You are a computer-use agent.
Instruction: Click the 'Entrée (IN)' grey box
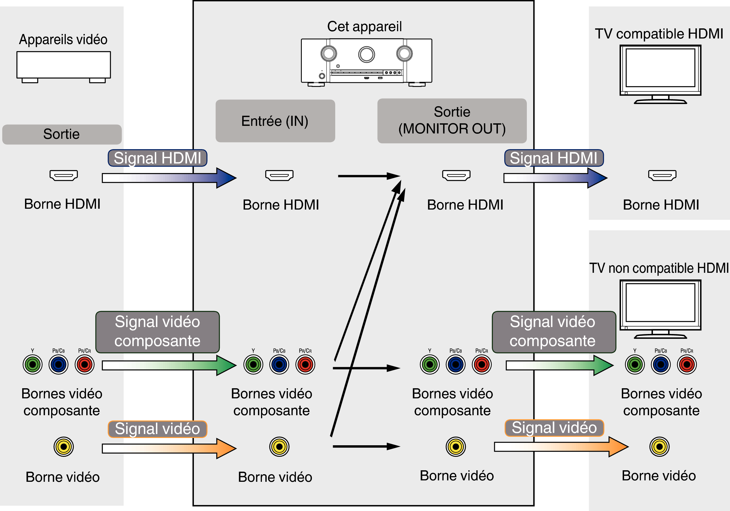click(275, 121)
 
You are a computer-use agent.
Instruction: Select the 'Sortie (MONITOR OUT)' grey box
click(452, 121)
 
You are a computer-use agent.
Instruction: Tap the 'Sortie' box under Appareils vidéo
click(62, 134)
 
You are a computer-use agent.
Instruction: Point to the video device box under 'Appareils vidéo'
click(64, 65)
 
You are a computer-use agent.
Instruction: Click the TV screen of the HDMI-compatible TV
click(660, 68)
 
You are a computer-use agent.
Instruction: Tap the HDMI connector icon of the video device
click(64, 175)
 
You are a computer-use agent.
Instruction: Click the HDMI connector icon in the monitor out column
click(456, 175)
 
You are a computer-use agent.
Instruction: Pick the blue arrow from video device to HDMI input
click(169, 178)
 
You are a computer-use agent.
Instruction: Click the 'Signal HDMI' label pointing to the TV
click(554, 158)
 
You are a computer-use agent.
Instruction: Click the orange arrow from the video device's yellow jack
click(169, 448)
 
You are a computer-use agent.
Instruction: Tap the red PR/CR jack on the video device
click(85, 365)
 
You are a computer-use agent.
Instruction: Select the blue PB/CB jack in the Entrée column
click(279, 365)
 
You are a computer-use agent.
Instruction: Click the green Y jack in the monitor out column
click(430, 365)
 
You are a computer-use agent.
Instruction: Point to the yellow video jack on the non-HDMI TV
click(659, 446)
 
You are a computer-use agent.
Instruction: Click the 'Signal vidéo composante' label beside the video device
click(157, 331)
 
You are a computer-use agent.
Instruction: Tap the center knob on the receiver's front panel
click(366, 54)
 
